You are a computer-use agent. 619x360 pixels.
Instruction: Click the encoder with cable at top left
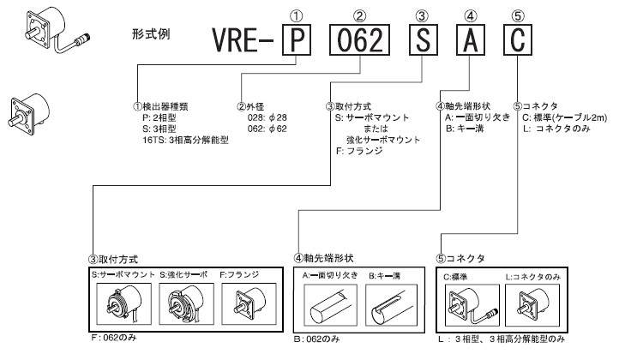(x=49, y=31)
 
